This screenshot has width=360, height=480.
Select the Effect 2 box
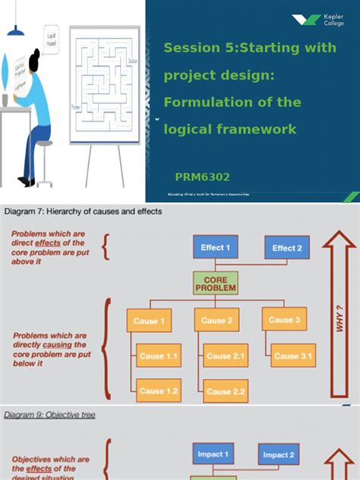click(x=287, y=248)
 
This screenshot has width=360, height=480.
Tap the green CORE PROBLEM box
click(x=216, y=284)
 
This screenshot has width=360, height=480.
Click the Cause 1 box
click(x=150, y=321)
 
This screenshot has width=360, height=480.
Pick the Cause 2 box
click(x=218, y=321)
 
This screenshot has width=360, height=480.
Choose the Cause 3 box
click(x=286, y=320)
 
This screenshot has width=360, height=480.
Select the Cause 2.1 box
click(x=226, y=355)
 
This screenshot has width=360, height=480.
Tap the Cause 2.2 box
click(x=226, y=391)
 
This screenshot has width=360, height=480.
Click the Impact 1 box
click(x=213, y=454)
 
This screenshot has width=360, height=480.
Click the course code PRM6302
click(x=202, y=177)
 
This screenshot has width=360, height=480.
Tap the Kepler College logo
click(x=317, y=21)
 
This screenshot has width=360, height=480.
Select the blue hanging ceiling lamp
click(x=15, y=29)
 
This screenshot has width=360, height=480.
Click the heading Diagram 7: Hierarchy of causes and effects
click(x=84, y=211)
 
